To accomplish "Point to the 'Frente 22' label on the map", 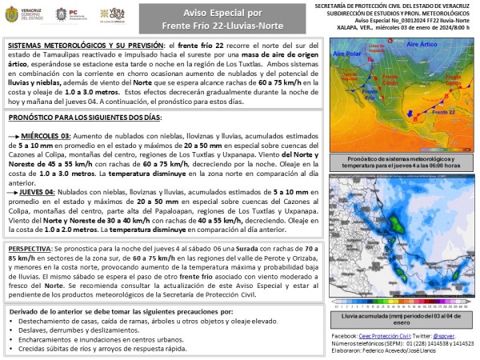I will tap(438, 114).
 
